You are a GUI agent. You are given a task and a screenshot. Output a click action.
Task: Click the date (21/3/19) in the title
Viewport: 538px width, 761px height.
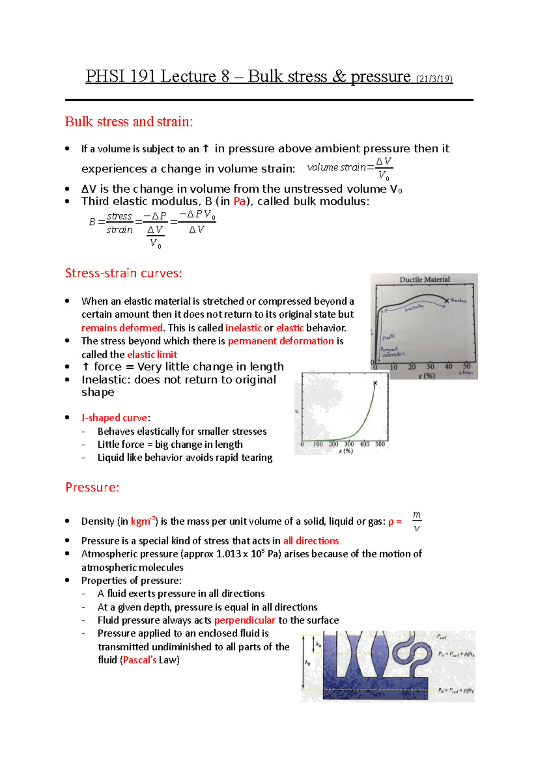tap(434, 79)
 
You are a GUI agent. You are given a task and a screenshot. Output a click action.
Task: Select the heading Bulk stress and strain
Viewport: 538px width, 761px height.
tap(129, 121)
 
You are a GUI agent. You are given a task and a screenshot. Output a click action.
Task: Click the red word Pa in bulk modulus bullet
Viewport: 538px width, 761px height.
tap(239, 201)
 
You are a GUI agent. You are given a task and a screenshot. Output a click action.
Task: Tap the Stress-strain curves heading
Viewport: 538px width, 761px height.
tap(123, 273)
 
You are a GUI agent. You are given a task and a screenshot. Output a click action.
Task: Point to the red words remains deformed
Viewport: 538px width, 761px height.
tap(122, 328)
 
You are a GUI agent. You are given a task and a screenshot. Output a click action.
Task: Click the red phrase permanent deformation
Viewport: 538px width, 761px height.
tap(281, 341)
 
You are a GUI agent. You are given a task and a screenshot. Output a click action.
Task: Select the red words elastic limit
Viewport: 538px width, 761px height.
tap(152, 355)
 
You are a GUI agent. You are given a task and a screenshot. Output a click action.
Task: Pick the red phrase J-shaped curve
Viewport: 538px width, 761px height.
tap(114, 418)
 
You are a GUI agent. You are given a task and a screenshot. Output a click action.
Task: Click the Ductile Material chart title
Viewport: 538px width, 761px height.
tap(424, 280)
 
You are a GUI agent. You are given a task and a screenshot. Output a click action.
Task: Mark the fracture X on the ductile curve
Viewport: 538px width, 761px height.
tap(446, 301)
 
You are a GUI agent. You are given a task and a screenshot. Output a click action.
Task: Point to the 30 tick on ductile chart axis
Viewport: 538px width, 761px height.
tap(430, 367)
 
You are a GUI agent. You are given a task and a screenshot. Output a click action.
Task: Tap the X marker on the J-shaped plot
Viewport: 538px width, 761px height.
tap(375, 383)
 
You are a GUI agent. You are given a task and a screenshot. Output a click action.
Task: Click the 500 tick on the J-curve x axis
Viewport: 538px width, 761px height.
tap(380, 444)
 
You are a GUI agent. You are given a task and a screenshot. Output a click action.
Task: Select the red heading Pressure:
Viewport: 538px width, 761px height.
tap(92, 487)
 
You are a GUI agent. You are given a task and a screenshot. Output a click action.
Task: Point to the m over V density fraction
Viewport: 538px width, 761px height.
tap(417, 521)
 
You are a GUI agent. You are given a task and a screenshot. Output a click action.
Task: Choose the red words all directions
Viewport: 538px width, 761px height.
tap(311, 541)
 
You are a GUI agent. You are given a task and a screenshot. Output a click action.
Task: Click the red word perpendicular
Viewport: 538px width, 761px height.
tap(244, 620)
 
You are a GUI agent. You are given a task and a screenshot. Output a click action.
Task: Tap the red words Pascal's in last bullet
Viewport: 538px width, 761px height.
tap(139, 660)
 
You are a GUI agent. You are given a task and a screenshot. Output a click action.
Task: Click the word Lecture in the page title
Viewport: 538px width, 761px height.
tap(188, 77)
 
